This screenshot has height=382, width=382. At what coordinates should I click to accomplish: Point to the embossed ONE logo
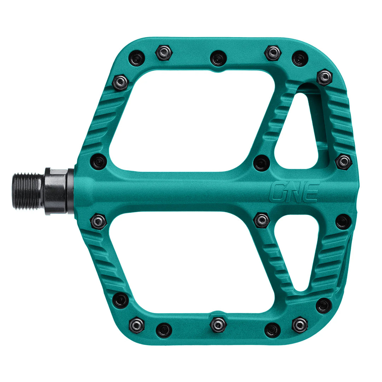click(x=294, y=192)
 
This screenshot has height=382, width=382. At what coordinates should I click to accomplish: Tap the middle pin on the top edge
click(x=218, y=58)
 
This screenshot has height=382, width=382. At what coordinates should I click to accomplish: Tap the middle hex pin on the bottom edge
click(x=218, y=324)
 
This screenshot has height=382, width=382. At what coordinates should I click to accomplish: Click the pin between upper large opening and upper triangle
click(x=262, y=163)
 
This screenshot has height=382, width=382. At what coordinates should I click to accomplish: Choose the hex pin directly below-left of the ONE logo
click(x=262, y=220)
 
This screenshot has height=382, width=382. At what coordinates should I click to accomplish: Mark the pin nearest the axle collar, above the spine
click(x=98, y=162)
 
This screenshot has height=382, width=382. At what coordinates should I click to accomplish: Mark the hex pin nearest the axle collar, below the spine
click(x=98, y=221)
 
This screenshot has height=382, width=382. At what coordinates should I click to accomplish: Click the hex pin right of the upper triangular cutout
click(x=343, y=162)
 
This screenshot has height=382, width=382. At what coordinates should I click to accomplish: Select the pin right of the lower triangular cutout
click(x=343, y=221)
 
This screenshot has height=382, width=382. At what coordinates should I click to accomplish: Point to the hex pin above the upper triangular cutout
click(x=324, y=77)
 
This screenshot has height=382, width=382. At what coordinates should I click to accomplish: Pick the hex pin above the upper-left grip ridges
click(x=120, y=82)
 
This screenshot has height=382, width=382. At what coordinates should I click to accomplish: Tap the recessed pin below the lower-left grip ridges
click(x=121, y=300)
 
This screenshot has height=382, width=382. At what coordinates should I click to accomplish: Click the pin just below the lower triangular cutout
click(x=324, y=306)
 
